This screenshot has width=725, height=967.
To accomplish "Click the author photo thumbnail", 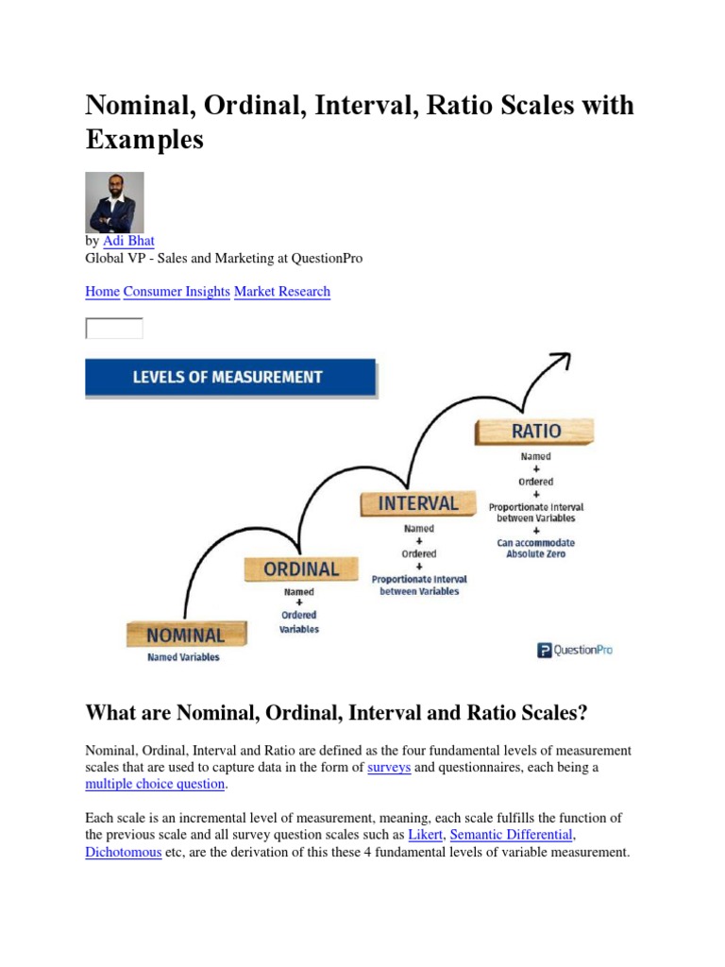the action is click(x=114, y=202).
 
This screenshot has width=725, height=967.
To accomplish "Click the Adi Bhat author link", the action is click(x=136, y=242).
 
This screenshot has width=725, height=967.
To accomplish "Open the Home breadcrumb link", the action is click(x=102, y=292).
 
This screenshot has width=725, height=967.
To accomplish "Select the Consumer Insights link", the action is click(x=177, y=292).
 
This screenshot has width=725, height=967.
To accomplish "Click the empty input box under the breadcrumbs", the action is click(x=114, y=329).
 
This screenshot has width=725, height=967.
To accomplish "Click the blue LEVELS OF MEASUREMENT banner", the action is click(x=230, y=378).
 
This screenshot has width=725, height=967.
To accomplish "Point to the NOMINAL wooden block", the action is click(x=186, y=636).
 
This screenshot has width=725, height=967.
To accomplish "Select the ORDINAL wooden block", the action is click(x=300, y=569).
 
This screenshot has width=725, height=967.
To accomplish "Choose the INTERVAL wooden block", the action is click(x=417, y=503).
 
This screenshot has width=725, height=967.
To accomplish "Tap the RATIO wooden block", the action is click(x=535, y=432).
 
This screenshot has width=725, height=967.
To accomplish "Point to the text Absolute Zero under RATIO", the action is click(x=535, y=554).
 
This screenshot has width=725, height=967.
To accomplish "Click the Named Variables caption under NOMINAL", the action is click(x=183, y=657).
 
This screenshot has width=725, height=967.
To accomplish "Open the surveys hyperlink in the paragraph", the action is click(x=388, y=768).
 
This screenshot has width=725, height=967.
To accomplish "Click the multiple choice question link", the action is click(x=155, y=785).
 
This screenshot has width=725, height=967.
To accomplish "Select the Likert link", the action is click(x=426, y=835).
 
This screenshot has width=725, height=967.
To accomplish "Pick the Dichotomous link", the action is click(x=124, y=852).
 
